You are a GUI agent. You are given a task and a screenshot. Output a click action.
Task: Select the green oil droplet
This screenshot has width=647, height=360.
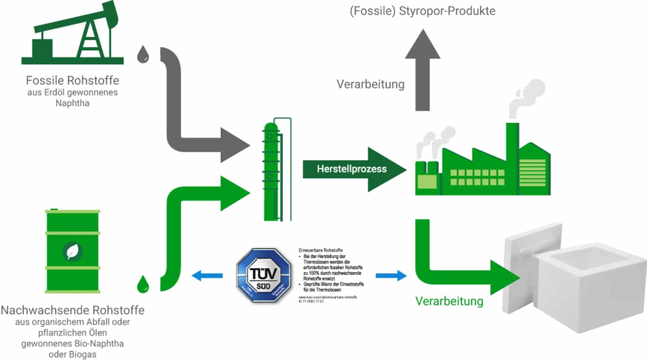[x=143, y=285]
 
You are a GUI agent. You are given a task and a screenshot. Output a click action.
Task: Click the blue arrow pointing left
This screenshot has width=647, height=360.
[x=207, y=275]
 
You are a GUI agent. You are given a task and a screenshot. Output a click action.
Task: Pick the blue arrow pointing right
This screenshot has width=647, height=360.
[x=391, y=275]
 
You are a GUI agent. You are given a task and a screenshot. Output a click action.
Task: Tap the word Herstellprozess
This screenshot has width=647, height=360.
[x=352, y=169]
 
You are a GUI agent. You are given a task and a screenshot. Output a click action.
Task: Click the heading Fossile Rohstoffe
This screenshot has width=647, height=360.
[x=73, y=81]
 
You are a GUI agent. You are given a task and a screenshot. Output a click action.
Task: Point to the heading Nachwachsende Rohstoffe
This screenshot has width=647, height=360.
[x=73, y=311]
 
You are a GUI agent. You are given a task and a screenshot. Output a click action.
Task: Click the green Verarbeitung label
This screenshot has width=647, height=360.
[x=449, y=301]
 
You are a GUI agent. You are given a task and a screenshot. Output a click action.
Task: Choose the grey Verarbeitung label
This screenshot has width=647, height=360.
[x=371, y=84]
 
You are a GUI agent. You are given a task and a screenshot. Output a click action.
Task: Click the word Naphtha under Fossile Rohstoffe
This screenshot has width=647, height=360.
[x=72, y=103]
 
